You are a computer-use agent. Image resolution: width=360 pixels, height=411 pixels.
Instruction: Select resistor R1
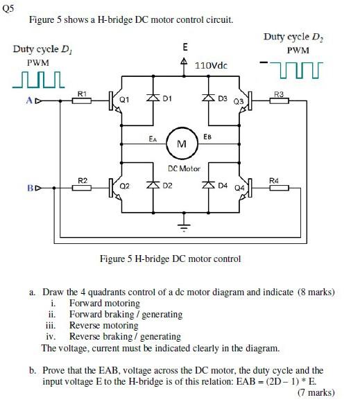(x=82, y=100)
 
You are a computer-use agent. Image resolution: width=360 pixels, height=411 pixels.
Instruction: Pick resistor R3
(x=279, y=100)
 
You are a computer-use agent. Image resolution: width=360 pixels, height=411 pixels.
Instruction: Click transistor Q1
(x=115, y=100)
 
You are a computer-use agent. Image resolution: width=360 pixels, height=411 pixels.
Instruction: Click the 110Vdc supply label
(x=212, y=66)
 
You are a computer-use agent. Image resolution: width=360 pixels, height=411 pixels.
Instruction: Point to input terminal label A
(x=28, y=101)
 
